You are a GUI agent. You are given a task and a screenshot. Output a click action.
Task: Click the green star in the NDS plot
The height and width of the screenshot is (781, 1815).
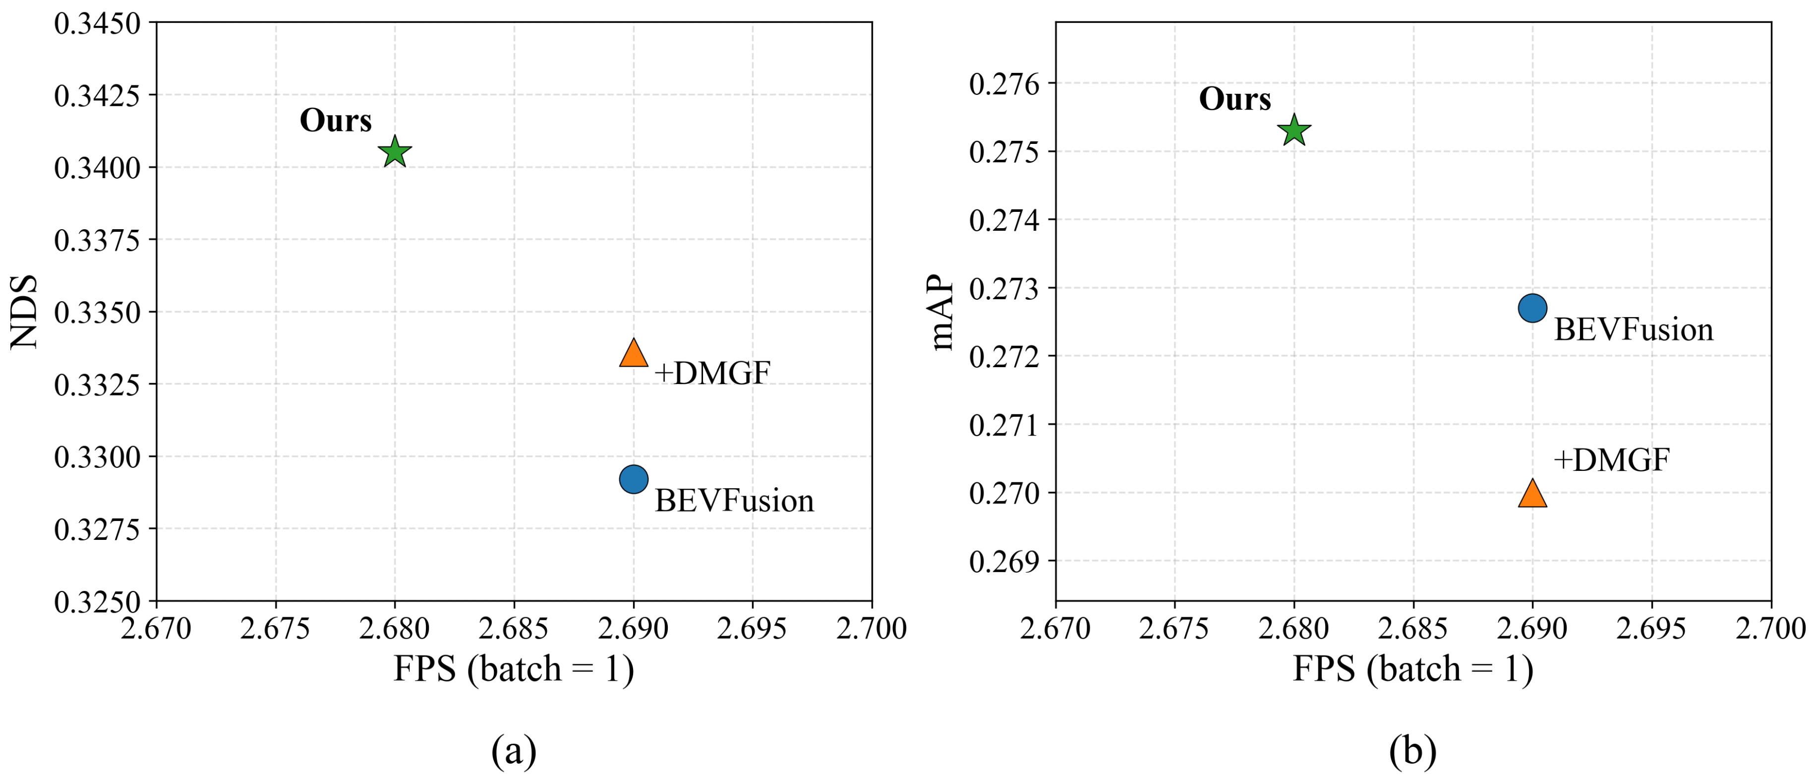click(x=395, y=152)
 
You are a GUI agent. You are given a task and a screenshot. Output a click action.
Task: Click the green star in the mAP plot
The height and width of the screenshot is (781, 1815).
click(x=1294, y=131)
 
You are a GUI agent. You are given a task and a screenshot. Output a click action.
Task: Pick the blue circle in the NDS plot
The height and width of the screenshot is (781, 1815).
click(x=634, y=479)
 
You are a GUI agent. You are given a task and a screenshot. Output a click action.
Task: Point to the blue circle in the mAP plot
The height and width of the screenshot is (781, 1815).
click(x=1532, y=308)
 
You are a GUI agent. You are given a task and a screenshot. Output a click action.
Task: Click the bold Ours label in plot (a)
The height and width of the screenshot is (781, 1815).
click(x=335, y=121)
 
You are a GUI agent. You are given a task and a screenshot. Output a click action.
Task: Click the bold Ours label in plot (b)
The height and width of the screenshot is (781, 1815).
click(x=1235, y=99)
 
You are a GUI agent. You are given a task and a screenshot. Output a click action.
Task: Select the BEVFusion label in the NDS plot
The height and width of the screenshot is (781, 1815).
click(x=734, y=501)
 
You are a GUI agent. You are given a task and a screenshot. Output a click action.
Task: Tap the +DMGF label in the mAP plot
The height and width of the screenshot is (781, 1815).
click(x=1611, y=460)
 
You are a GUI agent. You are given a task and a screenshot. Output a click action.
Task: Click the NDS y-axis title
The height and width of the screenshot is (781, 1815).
click(x=25, y=312)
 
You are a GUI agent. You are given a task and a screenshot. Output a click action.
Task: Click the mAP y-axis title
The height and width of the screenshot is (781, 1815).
click(x=942, y=312)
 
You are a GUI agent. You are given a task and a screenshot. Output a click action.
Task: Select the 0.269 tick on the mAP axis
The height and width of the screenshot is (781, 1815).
click(x=1004, y=562)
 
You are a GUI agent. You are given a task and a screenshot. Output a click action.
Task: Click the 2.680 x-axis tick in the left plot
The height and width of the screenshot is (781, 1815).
click(x=395, y=628)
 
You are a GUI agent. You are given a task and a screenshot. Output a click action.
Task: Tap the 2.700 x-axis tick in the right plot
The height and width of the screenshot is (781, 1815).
click(x=1770, y=628)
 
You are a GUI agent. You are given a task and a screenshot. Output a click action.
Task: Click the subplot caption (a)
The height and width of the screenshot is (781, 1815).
click(x=514, y=751)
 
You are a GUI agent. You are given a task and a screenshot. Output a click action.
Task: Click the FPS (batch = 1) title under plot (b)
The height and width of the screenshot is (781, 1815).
click(x=1412, y=669)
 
